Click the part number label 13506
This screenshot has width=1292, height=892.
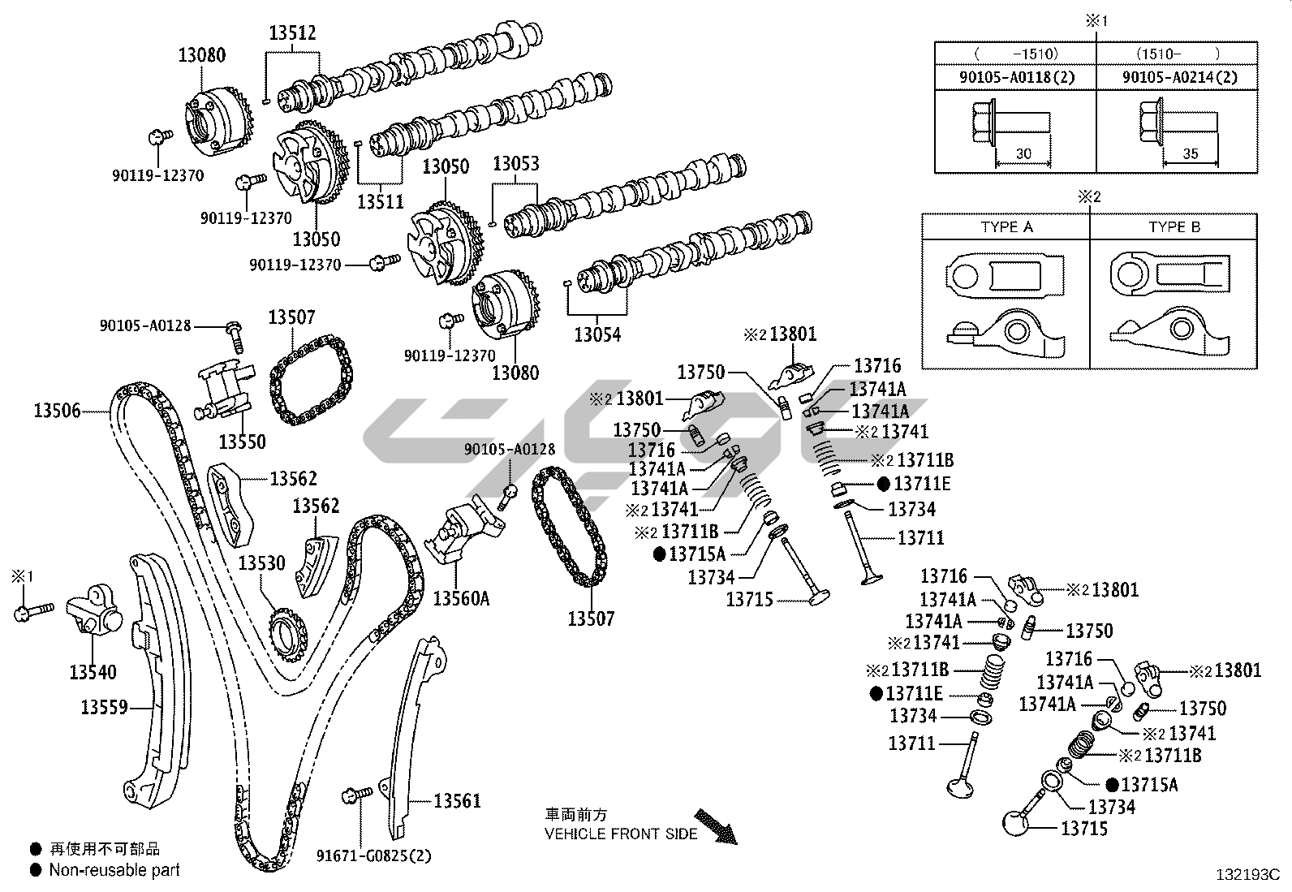tap(57, 411)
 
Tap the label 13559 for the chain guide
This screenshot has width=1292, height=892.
tap(104, 708)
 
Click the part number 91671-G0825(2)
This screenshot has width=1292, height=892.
tap(374, 855)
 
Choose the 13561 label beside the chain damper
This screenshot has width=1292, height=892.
tap(457, 801)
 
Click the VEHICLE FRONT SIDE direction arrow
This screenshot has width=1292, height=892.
tap(715, 825)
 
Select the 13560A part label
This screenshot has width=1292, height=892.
tap(461, 598)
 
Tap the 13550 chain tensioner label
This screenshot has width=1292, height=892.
tap(242, 442)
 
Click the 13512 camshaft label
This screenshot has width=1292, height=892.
tap(292, 33)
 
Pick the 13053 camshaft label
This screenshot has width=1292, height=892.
tap(516, 164)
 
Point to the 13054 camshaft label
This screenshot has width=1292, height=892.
tap(596, 334)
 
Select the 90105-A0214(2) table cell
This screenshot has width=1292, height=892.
tap(1180, 77)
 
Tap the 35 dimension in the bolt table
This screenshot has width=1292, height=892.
tap(1191, 153)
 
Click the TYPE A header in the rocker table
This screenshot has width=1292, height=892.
tap(1006, 227)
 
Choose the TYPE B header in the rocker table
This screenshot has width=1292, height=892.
tap(1174, 227)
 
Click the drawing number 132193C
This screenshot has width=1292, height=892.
tap(1247, 875)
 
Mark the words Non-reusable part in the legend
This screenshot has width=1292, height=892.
tap(114, 870)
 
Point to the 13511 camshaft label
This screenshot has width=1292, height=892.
tap(381, 202)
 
